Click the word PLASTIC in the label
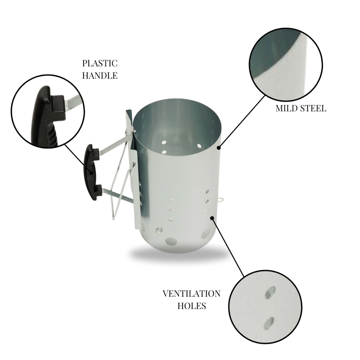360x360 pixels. [100, 64]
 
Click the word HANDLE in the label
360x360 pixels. [100, 76]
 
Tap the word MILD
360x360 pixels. [286, 108]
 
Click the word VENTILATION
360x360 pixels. [192, 294]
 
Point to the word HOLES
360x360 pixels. [192, 306]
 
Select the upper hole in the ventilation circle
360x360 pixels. [270, 292]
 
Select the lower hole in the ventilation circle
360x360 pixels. [269, 322]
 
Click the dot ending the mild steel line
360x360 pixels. [219, 148]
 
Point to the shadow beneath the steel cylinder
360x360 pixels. [176, 255]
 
